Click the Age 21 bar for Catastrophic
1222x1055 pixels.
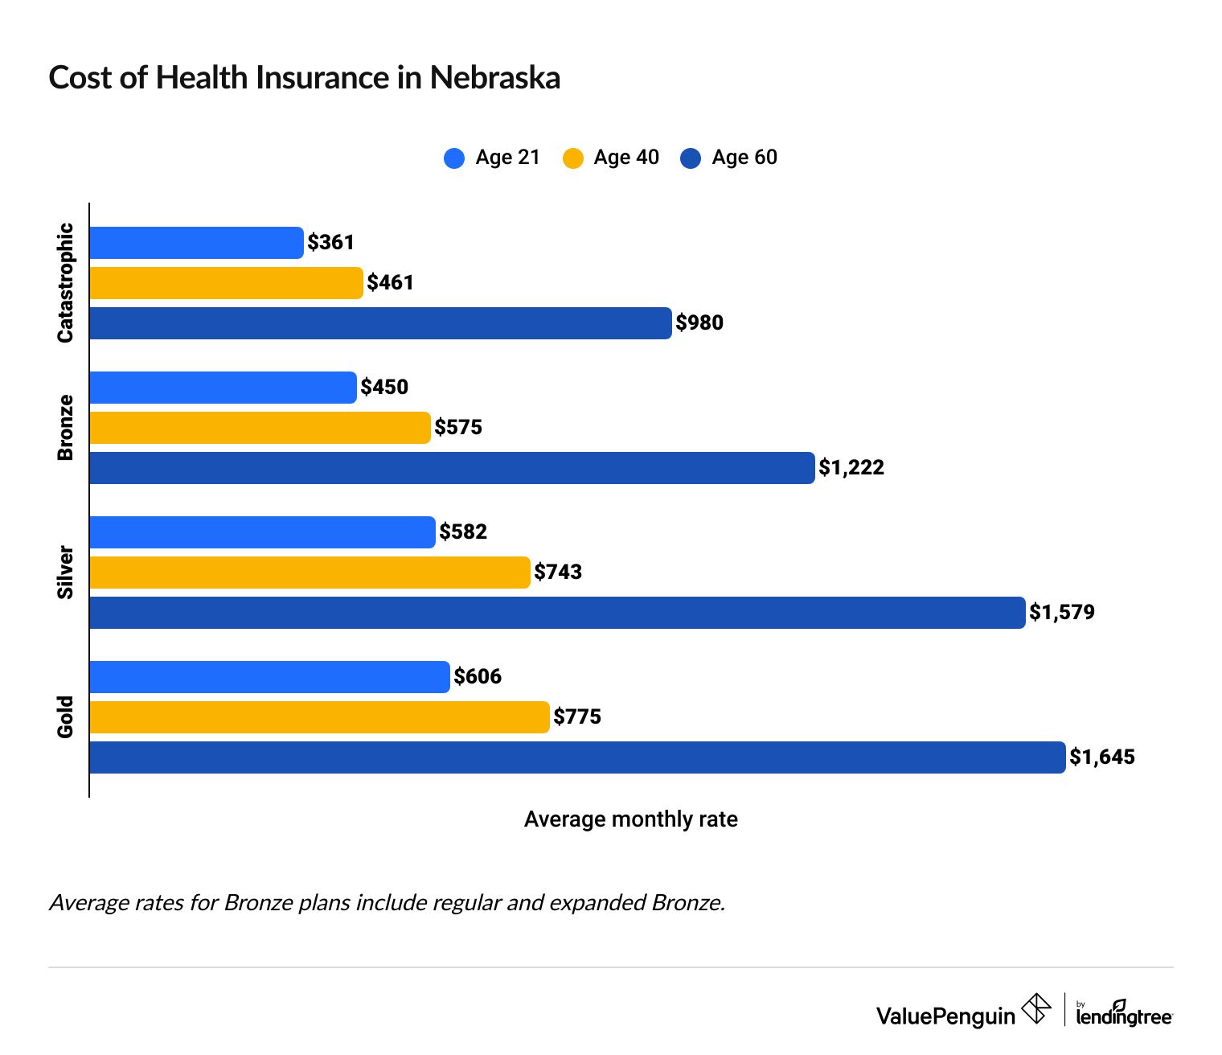pyautogui.click(x=196, y=243)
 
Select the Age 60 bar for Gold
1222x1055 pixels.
pyautogui.click(x=576, y=757)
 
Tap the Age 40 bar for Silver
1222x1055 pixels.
pyautogui.click(x=310, y=573)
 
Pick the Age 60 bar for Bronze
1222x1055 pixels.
pyautogui.click(x=451, y=468)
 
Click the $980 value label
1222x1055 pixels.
pyautogui.click(x=699, y=323)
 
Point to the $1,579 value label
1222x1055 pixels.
pyautogui.click(x=1062, y=613)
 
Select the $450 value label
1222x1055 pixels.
pyautogui.click(x=384, y=388)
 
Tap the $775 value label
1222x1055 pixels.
pyautogui.click(x=577, y=717)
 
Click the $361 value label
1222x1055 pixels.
pyautogui.click(x=330, y=243)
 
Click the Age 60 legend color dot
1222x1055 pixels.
pyautogui.click(x=691, y=158)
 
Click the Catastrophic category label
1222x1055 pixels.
pyautogui.click(x=65, y=283)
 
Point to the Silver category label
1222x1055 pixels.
pyautogui.click(x=65, y=573)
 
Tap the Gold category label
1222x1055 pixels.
pyautogui.click(x=65, y=716)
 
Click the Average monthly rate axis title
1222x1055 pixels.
pyautogui.click(x=630, y=819)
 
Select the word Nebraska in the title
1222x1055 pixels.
pyautogui.click(x=494, y=78)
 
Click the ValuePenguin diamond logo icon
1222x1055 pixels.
pyautogui.click(x=1035, y=1009)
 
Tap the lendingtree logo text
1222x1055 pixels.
pyautogui.click(x=1124, y=1016)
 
